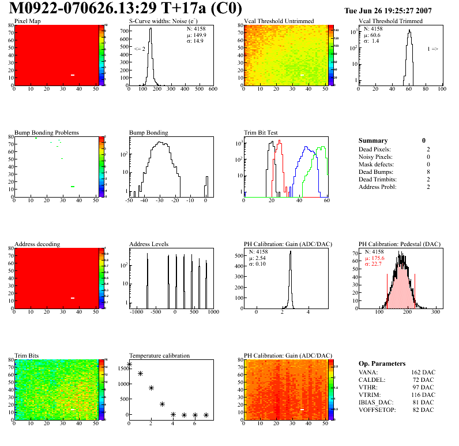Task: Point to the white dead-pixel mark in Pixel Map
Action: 73,75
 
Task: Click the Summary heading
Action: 373,140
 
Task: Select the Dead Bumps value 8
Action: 424,172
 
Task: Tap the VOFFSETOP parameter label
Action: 377,410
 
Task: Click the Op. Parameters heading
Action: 382,363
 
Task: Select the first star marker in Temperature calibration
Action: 129,365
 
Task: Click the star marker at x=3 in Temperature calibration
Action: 162,404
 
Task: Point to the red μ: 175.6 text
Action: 375,258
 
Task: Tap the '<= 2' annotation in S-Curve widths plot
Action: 140,49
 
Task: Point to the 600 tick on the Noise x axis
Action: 212,89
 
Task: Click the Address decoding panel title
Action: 37,244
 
